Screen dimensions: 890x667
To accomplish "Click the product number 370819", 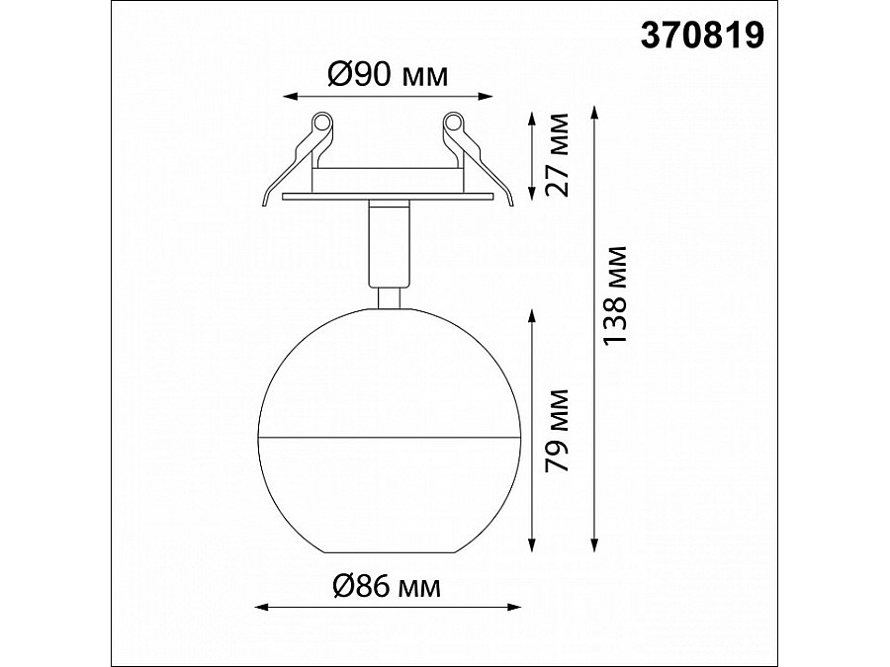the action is (x=702, y=36).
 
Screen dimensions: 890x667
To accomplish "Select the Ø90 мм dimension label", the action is (x=388, y=74).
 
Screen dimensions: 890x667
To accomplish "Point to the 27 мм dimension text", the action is (x=556, y=154).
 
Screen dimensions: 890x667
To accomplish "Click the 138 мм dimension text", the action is (x=615, y=294).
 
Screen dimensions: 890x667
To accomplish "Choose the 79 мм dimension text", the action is (x=556, y=431).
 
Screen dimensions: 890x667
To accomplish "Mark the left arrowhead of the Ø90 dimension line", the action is (x=290, y=97).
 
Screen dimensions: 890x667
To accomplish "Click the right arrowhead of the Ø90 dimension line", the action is (x=486, y=97).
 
